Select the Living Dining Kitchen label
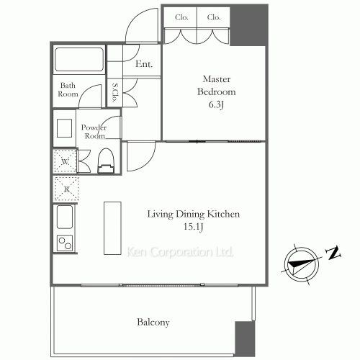point(193,214)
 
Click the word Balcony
point(153,323)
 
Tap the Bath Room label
point(68,89)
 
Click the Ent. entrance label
point(143,65)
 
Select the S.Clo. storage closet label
point(115,94)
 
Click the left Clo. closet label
point(182,17)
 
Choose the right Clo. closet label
point(213,17)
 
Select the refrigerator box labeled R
point(64,189)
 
